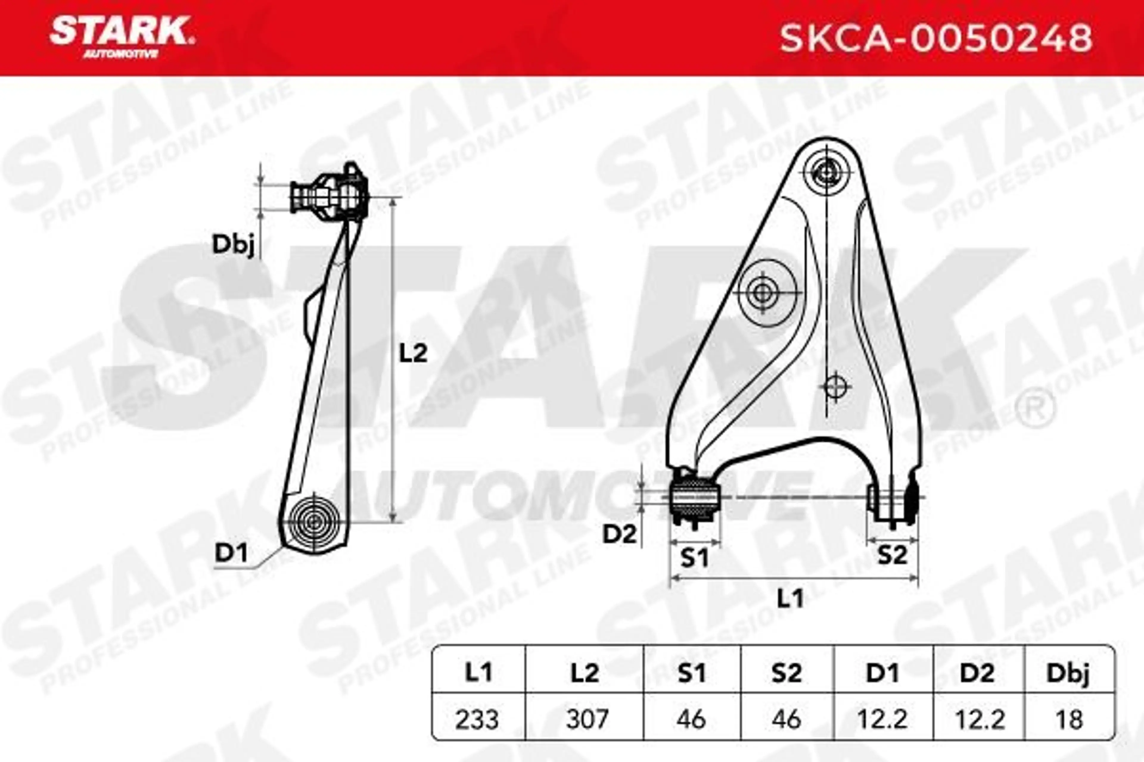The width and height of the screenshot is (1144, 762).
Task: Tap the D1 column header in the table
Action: click(882, 673)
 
